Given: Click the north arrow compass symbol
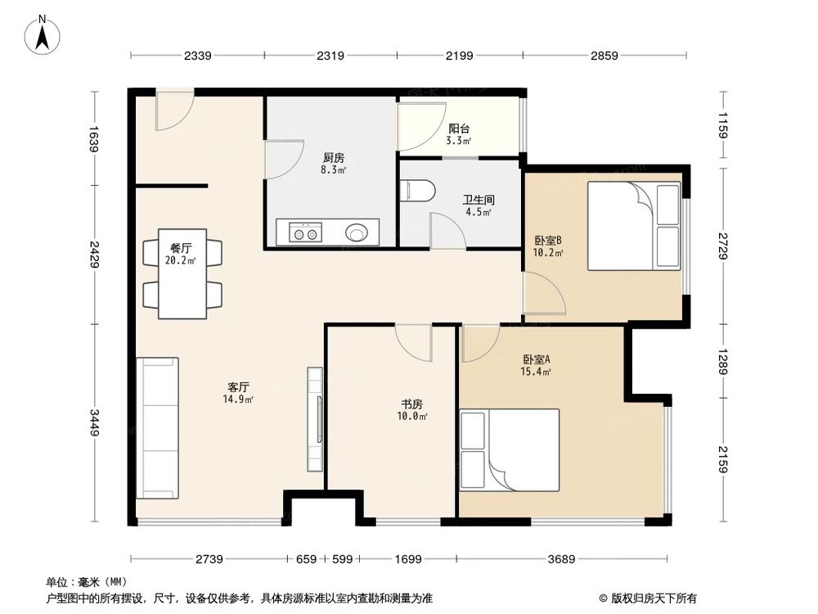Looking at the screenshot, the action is coord(43,34).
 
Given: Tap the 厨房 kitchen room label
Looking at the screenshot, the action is coord(334,158).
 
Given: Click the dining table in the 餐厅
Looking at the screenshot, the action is coord(182,273).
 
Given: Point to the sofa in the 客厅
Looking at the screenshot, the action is coord(158,428).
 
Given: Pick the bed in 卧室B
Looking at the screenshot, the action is coord(634,226).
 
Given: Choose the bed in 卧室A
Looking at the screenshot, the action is coord(510,450).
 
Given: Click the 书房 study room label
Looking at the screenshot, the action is coord(411,404).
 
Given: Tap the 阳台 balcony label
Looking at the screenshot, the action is coord(459,129).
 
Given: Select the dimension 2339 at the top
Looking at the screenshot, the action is coord(198,56).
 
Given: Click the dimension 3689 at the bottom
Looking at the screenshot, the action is coord(561,559).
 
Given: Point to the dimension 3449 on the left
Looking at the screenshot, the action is coord(94,422).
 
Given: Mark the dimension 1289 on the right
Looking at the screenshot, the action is coord(722,361).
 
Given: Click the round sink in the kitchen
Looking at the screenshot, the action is coord(357,233).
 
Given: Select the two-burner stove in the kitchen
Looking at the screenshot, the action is coord(306,233).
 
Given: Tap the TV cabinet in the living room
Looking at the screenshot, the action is coord(315,420).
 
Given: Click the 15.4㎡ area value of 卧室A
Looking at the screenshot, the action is coord(537,372).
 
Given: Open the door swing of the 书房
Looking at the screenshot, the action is coord(414,342).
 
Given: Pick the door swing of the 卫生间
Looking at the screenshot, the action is coord(448,230).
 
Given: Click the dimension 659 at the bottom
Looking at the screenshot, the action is coord(306,559).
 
